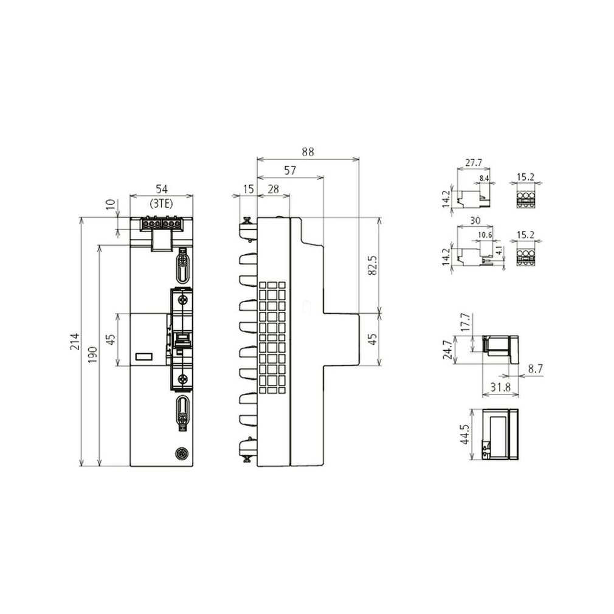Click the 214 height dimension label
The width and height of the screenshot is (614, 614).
[74, 342]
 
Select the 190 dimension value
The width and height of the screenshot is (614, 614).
[92, 354]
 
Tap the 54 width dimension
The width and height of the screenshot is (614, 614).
[161, 189]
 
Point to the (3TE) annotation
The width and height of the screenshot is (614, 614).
[161, 204]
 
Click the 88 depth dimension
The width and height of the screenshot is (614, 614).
[308, 152]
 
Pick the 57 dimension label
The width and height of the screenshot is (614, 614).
[290, 171]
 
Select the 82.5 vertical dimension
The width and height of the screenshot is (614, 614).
[373, 265]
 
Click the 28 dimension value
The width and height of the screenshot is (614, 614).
[273, 189]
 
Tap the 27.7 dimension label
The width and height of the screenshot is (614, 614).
[474, 162]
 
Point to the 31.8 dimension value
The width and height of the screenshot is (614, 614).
[500, 387]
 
